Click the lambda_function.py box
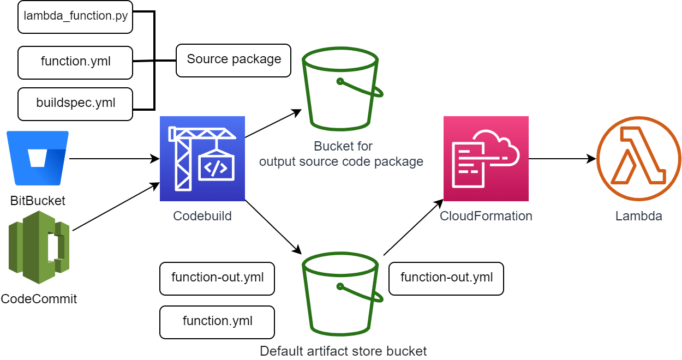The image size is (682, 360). tap(75, 16)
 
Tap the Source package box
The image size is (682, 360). tap(234, 60)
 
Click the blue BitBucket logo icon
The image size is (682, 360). tap(38, 159)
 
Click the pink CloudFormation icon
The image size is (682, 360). tap(486, 159)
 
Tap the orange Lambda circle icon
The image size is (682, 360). tap(638, 159)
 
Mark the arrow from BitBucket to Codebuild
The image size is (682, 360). tap(114, 159)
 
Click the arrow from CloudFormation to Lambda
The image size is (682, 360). tap(563, 159)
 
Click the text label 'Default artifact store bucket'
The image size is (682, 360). tap(343, 351)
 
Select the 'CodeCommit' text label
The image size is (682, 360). tap(39, 299)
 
